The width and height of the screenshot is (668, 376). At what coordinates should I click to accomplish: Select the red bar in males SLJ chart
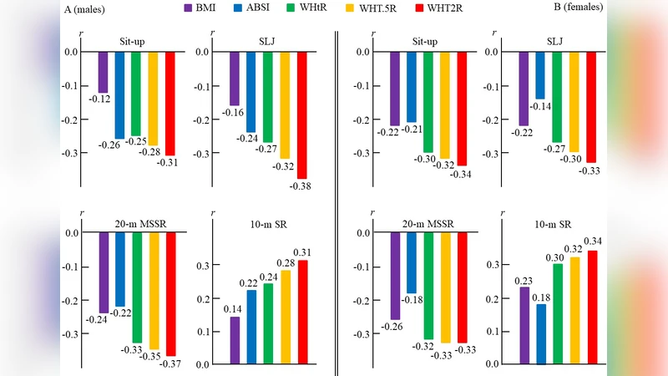coord(301,114)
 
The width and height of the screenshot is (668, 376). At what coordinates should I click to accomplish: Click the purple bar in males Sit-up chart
coord(103,72)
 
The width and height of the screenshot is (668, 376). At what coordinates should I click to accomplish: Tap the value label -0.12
coord(101,99)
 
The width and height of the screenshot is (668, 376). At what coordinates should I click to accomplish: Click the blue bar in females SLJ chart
coord(540,75)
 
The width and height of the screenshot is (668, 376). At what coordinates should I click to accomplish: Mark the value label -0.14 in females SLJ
coord(540,107)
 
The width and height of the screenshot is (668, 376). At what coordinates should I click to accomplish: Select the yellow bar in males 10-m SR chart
coord(286,317)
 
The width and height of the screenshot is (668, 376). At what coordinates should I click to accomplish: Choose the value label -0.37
coord(172,364)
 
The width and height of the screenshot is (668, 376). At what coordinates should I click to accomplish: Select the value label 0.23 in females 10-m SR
coord(523,280)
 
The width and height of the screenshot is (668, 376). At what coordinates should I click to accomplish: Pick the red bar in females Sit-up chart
coord(462,108)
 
